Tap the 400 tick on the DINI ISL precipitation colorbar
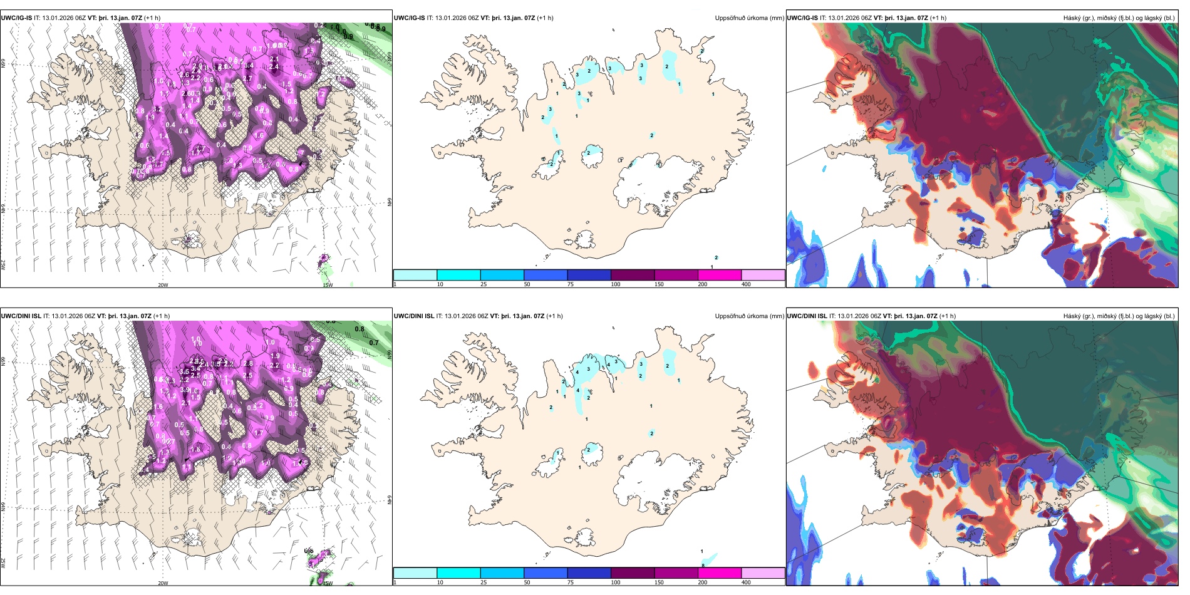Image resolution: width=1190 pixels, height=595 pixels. [x=746, y=582]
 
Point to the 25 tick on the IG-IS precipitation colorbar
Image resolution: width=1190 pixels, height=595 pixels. [x=484, y=284]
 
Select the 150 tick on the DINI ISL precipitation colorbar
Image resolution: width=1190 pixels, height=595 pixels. [x=659, y=582]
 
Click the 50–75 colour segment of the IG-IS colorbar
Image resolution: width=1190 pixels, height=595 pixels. [x=545, y=275]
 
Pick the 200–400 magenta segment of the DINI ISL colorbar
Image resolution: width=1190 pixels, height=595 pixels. [x=720, y=573]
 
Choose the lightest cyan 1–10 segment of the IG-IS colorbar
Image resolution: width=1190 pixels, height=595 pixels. [x=415, y=275]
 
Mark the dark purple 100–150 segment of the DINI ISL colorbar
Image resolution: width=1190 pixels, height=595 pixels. [x=633, y=573]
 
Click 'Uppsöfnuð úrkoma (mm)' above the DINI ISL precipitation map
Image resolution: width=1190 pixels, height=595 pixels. [x=749, y=316]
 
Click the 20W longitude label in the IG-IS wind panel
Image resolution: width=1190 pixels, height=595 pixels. [x=163, y=285]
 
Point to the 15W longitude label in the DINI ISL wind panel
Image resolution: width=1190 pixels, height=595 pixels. [x=328, y=583]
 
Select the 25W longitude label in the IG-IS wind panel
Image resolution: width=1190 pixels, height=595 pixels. [x=3, y=265]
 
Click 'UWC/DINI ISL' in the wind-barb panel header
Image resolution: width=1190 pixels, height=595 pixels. [x=21, y=316]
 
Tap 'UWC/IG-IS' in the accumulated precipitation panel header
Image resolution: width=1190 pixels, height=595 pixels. [x=409, y=18]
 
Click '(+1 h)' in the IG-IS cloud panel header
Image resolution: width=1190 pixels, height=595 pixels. [x=938, y=18]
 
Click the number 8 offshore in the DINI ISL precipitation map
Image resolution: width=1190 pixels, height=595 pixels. [x=703, y=566]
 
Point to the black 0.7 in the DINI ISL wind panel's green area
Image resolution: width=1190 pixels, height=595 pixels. [x=374, y=343]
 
